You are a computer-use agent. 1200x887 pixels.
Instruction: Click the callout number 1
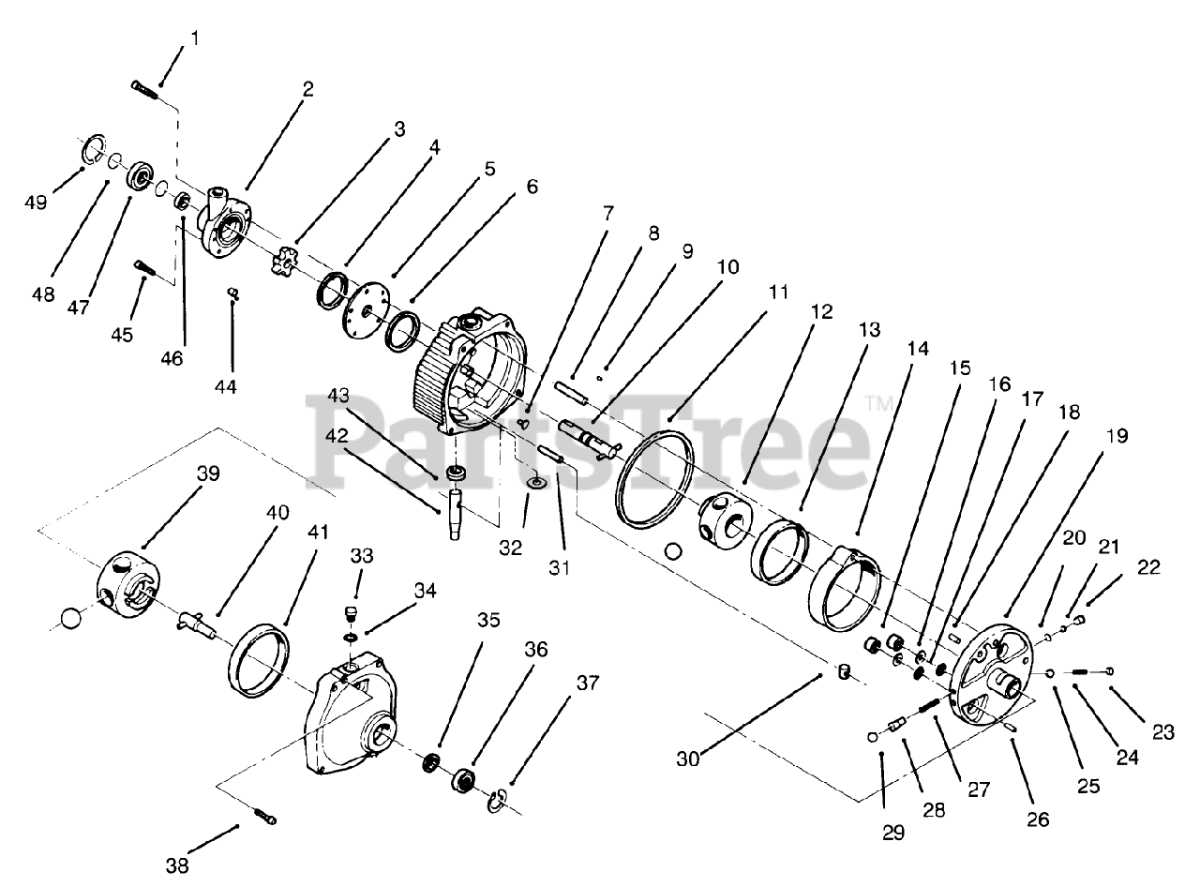[x=195, y=38]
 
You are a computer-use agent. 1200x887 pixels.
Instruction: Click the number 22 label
[x=1148, y=567]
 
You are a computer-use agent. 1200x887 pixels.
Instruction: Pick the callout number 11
[x=778, y=292]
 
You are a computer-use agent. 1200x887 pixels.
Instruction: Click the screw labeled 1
[x=143, y=88]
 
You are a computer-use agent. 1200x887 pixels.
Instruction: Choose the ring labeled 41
[x=259, y=662]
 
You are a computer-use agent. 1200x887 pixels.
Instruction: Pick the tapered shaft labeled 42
[x=456, y=511]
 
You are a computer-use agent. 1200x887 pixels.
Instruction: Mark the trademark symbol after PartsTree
[x=879, y=404]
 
